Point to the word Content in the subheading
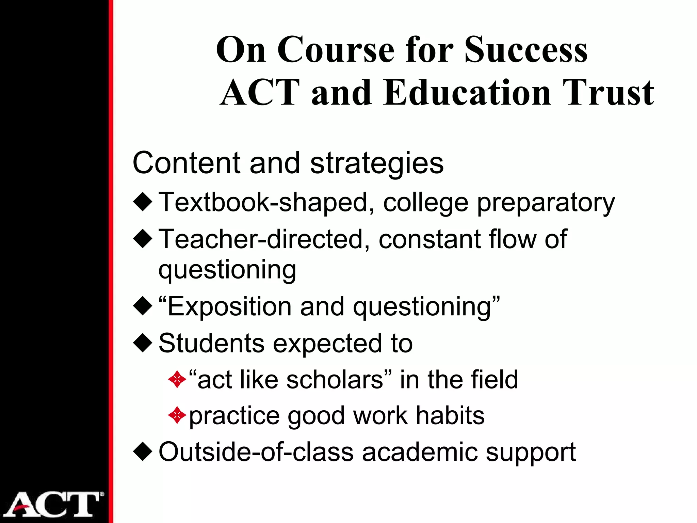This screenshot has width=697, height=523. (x=187, y=163)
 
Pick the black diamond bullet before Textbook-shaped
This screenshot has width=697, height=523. (x=143, y=202)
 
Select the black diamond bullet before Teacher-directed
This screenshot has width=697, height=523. (x=143, y=239)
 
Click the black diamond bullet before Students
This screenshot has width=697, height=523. (x=143, y=343)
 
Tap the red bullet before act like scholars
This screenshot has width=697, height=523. (x=177, y=379)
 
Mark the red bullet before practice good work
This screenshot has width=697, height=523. (x=177, y=415)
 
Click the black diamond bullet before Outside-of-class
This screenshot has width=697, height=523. (x=143, y=452)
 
